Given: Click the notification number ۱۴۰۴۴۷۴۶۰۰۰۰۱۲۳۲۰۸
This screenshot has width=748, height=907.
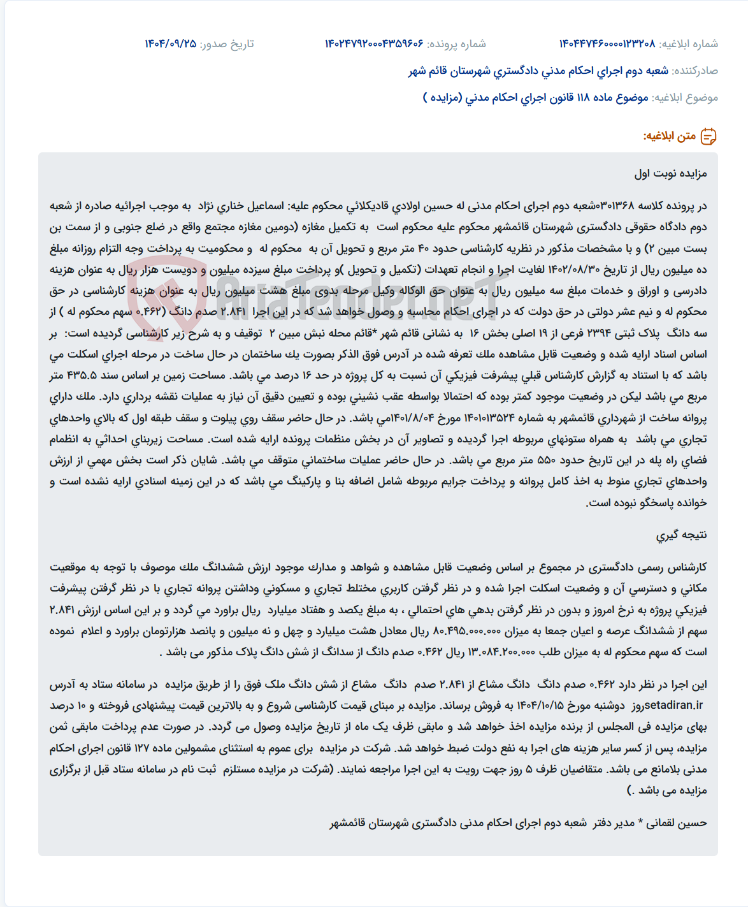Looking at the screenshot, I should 607,44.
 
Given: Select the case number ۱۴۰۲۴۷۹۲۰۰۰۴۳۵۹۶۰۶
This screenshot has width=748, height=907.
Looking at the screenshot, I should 374,44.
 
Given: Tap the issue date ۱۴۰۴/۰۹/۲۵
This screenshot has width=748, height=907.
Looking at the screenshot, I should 171,44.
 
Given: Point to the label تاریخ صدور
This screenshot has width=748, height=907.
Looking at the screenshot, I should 227,44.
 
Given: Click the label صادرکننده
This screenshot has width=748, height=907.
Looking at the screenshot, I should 695,71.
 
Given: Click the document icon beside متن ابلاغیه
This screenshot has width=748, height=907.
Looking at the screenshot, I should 708,136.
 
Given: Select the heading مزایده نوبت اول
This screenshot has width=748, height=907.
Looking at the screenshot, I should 670,173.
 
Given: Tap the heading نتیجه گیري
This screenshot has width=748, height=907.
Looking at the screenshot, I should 682,535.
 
